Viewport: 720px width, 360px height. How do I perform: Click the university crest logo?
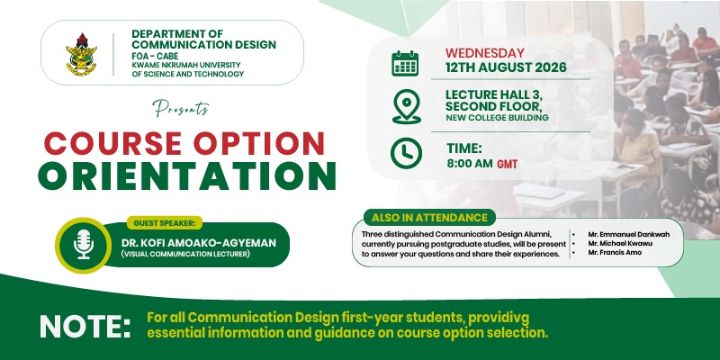[81, 53]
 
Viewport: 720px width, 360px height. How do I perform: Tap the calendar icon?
[405, 63]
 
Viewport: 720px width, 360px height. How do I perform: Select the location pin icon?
[407, 106]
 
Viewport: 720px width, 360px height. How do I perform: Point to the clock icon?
[406, 153]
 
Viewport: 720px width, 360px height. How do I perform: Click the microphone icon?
[84, 244]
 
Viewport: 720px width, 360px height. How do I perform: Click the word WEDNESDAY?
[485, 53]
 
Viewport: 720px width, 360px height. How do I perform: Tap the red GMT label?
[508, 164]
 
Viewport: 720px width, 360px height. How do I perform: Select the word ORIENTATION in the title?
[187, 175]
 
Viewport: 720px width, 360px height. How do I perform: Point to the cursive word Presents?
[181, 109]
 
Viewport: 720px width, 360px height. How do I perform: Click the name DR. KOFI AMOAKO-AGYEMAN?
[199, 243]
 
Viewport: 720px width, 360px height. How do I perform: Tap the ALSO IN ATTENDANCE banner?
[429, 218]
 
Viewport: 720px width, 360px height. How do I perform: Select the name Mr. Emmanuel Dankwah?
[628, 234]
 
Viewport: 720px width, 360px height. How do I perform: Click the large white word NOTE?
[85, 326]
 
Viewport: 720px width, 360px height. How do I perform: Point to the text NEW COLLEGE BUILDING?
[498, 118]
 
